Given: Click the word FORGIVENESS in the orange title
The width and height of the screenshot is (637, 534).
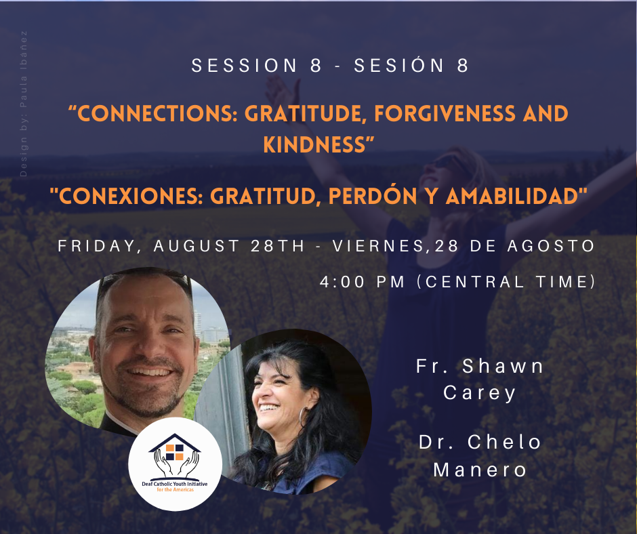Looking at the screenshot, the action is click(x=445, y=113).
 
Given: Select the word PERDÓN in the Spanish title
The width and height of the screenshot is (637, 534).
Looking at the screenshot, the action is click(x=373, y=197).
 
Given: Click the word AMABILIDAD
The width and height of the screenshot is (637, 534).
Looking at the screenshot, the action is click(x=513, y=197).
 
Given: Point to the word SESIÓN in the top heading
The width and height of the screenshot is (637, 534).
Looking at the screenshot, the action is click(x=399, y=66).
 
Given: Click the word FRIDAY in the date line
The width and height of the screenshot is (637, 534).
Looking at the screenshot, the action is click(x=96, y=246).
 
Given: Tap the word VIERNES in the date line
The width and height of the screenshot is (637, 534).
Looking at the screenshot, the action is click(x=379, y=246).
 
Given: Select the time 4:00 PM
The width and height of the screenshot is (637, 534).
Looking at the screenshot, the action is click(x=363, y=282).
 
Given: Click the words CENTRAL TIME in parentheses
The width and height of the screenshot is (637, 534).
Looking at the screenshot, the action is click(x=506, y=282).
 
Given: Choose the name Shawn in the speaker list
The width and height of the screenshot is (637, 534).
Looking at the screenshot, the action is click(x=503, y=366).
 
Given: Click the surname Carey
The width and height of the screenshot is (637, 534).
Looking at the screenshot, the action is click(x=479, y=393).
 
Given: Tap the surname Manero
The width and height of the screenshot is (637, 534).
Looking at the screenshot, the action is click(x=480, y=470).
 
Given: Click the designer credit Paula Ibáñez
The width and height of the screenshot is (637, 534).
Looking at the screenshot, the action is click(x=23, y=70).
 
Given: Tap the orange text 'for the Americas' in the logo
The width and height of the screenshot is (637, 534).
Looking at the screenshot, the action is click(x=175, y=490).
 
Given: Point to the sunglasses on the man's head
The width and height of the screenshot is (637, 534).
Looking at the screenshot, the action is click(x=144, y=280).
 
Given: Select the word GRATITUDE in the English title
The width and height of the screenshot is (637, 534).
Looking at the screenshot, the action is click(x=303, y=113).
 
